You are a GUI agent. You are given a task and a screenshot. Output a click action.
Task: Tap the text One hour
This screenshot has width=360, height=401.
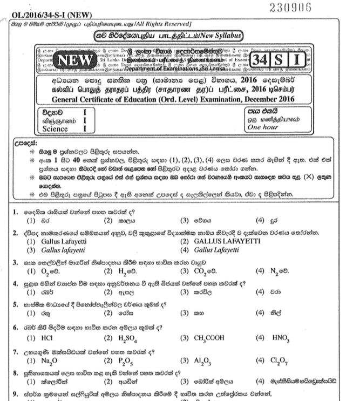pyautogui.click(x=261, y=128)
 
